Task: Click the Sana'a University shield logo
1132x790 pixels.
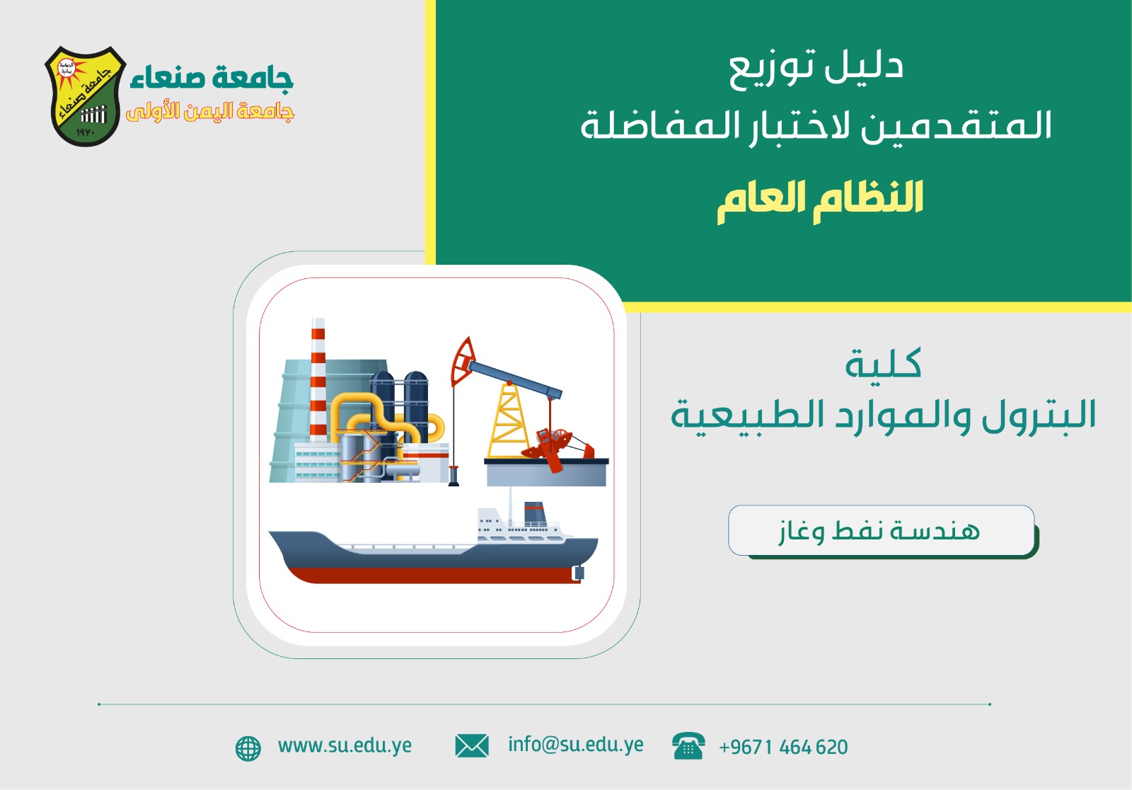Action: (86, 96)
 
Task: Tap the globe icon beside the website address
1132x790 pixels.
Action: (248, 748)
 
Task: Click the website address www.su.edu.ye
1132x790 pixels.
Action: (345, 746)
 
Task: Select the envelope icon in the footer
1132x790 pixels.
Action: (471, 746)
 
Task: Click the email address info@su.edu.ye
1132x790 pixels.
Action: (576, 745)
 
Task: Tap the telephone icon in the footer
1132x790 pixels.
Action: (688, 746)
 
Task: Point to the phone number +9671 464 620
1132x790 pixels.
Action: (783, 747)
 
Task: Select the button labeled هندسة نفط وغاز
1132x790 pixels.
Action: (882, 530)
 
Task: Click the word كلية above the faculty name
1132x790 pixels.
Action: (884, 362)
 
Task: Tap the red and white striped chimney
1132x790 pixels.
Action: (318, 379)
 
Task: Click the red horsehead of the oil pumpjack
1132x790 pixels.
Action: (462, 360)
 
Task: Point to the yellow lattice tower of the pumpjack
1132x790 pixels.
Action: (508, 421)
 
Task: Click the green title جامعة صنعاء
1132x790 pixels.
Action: (212, 79)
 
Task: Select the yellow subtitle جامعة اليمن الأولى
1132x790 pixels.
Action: (210, 111)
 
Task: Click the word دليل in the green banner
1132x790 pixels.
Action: (864, 66)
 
